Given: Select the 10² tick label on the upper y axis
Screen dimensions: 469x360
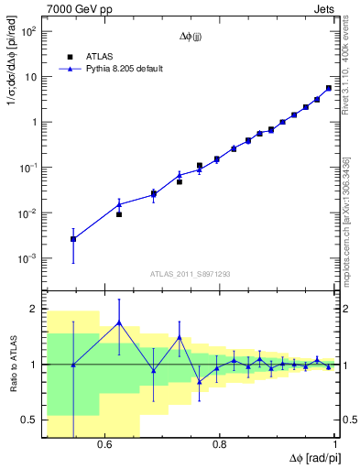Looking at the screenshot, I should pyautogui.click(x=28, y=31).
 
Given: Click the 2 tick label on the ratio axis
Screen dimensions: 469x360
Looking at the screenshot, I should pyautogui.click(x=34, y=310).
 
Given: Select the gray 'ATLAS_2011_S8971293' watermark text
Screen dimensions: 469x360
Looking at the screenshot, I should pyautogui.click(x=191, y=274).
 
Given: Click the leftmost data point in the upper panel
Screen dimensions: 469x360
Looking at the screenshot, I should pyautogui.click(x=73, y=239).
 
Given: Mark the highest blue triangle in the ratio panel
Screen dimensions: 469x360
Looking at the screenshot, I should pyautogui.click(x=119, y=322).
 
